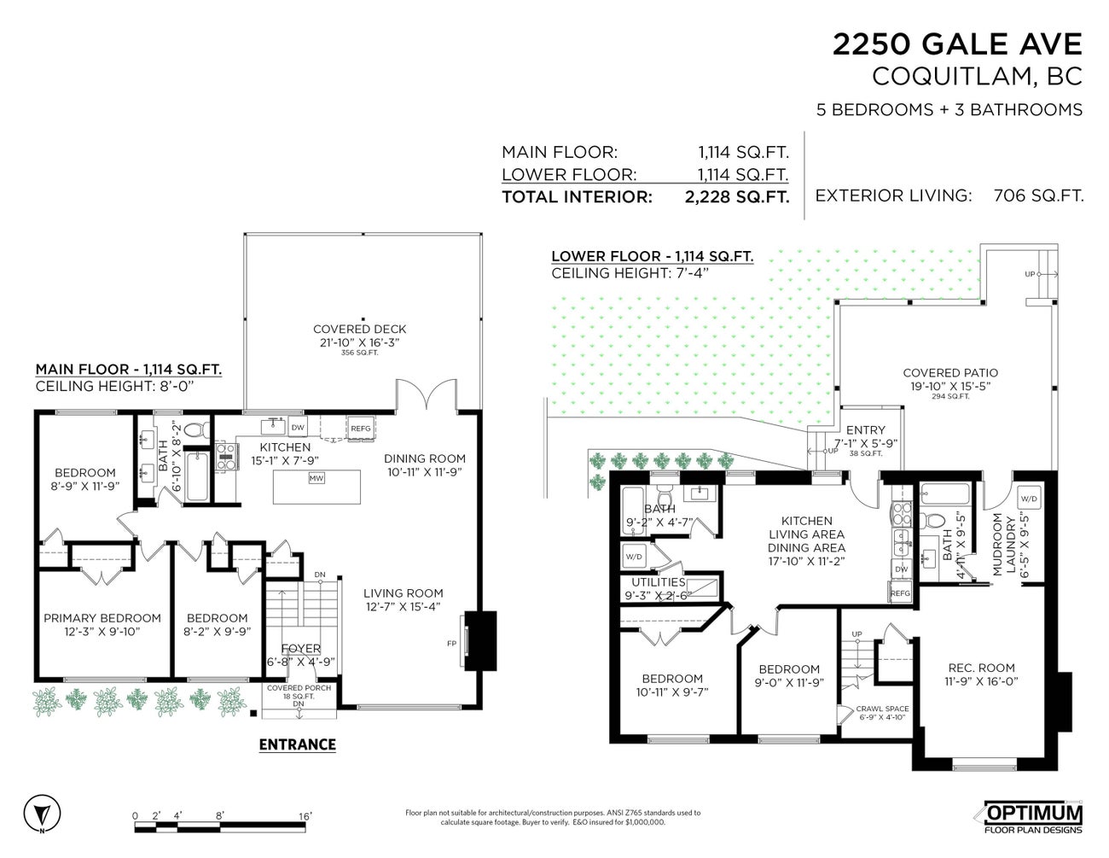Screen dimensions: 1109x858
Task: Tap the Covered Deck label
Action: (x=359, y=329)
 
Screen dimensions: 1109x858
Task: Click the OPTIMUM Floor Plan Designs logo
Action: (x=1033, y=818)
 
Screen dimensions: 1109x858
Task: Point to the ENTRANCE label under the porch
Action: (x=297, y=744)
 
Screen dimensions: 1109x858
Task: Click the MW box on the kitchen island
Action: (x=316, y=478)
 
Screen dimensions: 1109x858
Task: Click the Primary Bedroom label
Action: (x=102, y=618)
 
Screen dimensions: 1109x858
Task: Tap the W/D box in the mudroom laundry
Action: (x=1029, y=499)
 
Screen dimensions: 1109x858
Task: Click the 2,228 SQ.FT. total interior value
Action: (x=736, y=196)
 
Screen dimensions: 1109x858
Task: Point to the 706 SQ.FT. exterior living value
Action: (x=1038, y=196)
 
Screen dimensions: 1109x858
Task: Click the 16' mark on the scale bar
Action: (x=305, y=816)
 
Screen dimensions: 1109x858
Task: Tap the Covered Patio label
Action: (x=949, y=372)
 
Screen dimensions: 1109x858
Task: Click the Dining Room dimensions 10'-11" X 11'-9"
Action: (x=425, y=472)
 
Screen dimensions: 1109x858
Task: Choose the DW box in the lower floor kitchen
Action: (x=902, y=569)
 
